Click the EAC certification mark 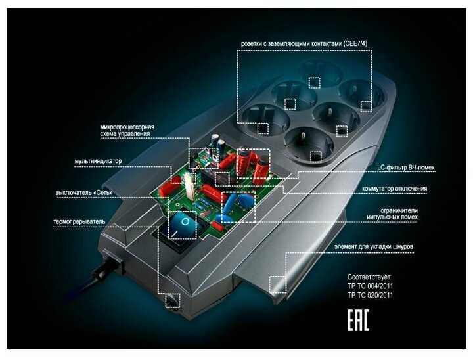pos(357,321)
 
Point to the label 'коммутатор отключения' pos(397,189)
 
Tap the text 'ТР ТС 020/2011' pos(371,296)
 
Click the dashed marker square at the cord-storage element pos(279,283)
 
